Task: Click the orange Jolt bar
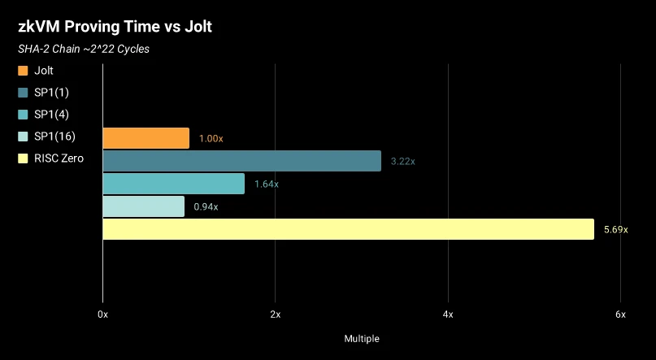click(146, 138)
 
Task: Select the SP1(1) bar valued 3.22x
click(241, 161)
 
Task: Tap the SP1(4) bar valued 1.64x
click(173, 184)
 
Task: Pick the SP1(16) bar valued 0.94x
click(143, 206)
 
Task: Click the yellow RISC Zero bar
click(348, 229)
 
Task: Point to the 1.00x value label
click(211, 139)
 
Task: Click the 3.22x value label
click(402, 162)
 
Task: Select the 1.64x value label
click(266, 184)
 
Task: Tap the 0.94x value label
click(206, 207)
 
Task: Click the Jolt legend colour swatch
click(24, 71)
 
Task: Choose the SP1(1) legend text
click(51, 93)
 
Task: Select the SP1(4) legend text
click(51, 114)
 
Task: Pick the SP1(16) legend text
click(54, 136)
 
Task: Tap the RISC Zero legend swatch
click(24, 158)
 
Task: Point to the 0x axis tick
click(102, 314)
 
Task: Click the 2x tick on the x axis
click(276, 314)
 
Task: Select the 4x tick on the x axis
click(448, 314)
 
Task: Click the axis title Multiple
click(362, 338)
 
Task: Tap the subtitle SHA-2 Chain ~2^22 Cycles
click(84, 49)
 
